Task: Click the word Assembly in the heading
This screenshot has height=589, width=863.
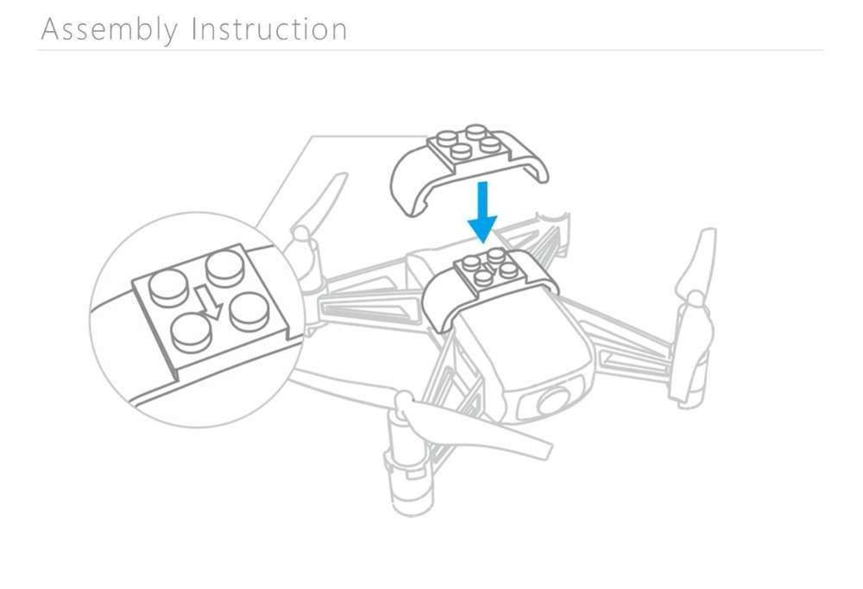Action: tap(110, 30)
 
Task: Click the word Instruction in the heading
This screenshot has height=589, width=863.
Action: tap(269, 29)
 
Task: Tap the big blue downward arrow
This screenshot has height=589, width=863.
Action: tap(482, 212)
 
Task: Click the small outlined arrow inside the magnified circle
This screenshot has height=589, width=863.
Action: tap(209, 302)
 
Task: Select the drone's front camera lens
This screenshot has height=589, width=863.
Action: tap(554, 401)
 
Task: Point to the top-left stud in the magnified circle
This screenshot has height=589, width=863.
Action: tap(169, 288)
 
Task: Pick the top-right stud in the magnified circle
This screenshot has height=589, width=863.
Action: tap(224, 268)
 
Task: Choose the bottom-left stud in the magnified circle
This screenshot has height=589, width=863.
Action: tap(191, 332)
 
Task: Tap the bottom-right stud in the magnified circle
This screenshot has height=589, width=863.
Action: tap(249, 311)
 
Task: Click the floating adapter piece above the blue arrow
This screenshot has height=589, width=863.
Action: tap(468, 165)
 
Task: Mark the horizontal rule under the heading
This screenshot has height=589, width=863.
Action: tap(430, 50)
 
